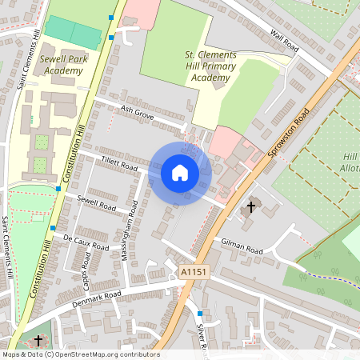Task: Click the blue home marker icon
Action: coord(180,173)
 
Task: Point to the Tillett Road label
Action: coord(120,164)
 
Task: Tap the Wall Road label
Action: coord(284,42)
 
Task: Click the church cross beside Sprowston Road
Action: coord(250,207)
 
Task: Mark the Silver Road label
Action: coord(202,336)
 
